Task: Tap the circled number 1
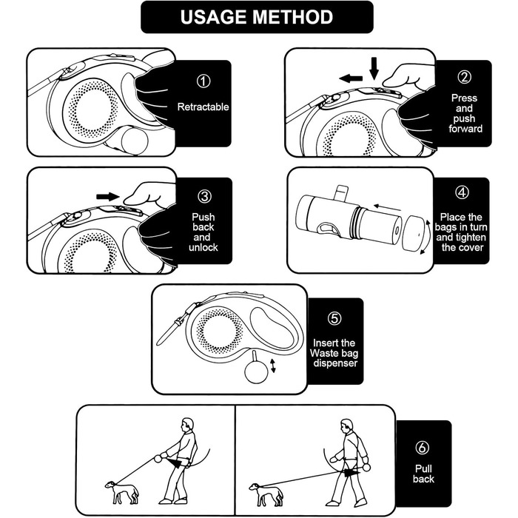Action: (x=203, y=81)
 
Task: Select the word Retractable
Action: (x=203, y=107)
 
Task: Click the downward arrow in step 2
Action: (x=374, y=69)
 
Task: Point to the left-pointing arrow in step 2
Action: (x=351, y=78)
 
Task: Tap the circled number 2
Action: (x=465, y=77)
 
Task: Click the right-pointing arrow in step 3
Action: (x=108, y=197)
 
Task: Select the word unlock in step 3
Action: (x=203, y=247)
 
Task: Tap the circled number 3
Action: (x=204, y=197)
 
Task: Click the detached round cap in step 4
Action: (x=413, y=234)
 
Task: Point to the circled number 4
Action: (x=462, y=192)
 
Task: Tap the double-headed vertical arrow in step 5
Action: (x=273, y=366)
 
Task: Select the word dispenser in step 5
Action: (x=335, y=363)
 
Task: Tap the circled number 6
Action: (x=423, y=448)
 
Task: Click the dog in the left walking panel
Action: (x=122, y=492)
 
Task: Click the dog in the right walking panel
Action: (x=266, y=494)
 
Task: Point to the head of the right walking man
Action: (x=347, y=426)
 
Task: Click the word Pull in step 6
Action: (x=423, y=468)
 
